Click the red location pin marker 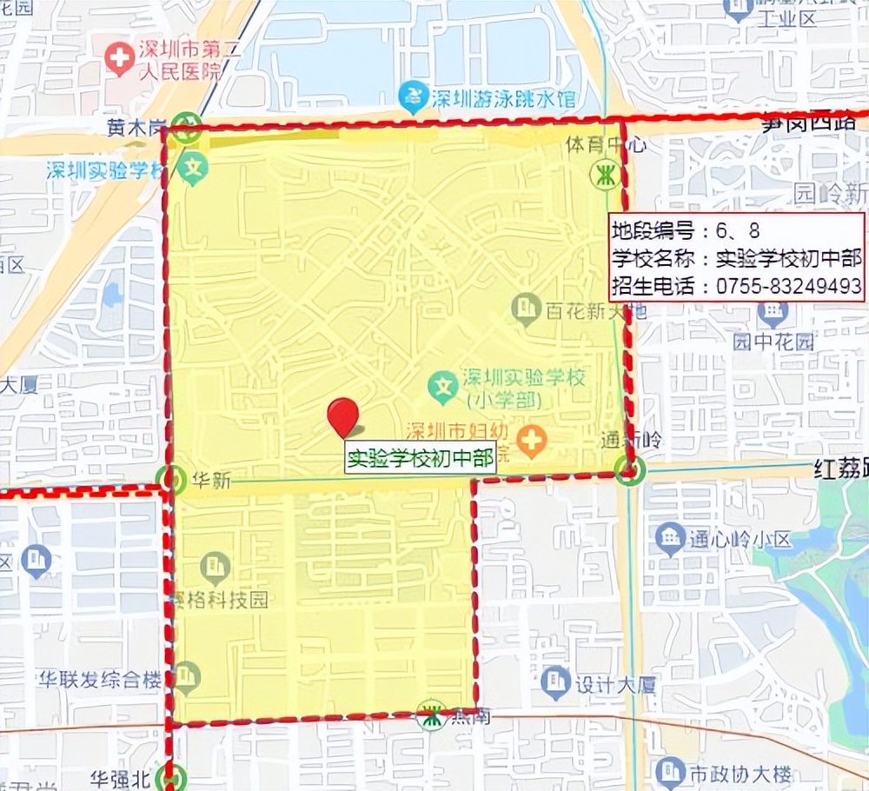pyautogui.click(x=343, y=416)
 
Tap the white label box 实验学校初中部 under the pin pyautogui.click(x=421, y=458)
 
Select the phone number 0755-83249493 pyautogui.click(x=789, y=286)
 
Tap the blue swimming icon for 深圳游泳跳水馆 pyautogui.click(x=411, y=96)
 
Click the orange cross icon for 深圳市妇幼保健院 pyautogui.click(x=531, y=441)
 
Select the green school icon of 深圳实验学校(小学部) pyautogui.click(x=444, y=386)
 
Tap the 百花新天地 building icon pyautogui.click(x=525, y=308)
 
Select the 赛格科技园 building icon pyautogui.click(x=215, y=568)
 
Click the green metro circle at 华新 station pyautogui.click(x=173, y=478)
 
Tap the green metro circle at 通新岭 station pyautogui.click(x=628, y=471)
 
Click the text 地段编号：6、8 pyautogui.click(x=687, y=230)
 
